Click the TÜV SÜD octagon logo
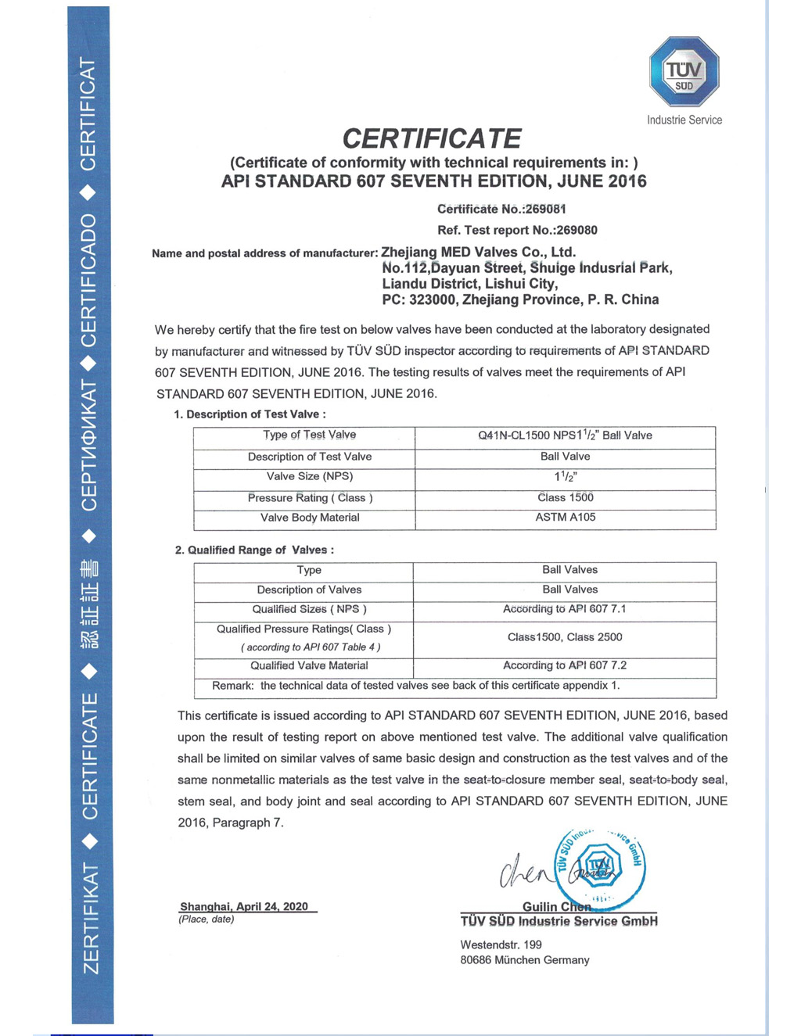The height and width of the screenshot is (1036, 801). pos(684,72)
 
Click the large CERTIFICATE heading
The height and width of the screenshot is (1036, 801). pos(432,139)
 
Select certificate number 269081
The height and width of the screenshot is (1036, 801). pos(544,209)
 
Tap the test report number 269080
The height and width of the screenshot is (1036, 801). pos(577,230)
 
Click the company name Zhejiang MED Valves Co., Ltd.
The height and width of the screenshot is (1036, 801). pos(478,252)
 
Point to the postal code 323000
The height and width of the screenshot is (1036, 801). pos(433,299)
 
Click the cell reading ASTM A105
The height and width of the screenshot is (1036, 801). pos(565,518)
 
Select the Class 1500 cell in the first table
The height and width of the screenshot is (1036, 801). pos(565,498)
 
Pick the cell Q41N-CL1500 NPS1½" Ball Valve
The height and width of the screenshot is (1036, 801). pos(565,436)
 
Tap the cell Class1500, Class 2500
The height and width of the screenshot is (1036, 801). pos(565,637)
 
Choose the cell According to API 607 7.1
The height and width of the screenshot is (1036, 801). pos(565,609)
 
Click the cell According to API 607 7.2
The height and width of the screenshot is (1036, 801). pos(565,665)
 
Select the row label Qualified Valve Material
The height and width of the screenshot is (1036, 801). pos(309,665)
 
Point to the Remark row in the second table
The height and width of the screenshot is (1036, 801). pos(416,686)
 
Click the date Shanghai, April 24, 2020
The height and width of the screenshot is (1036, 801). pos(244,906)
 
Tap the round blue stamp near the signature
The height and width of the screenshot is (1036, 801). pos(599,866)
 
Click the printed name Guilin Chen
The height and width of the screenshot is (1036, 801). pos(556,907)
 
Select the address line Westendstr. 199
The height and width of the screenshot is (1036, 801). pos(501,945)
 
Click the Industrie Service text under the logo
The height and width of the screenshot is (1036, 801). pos(684,120)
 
